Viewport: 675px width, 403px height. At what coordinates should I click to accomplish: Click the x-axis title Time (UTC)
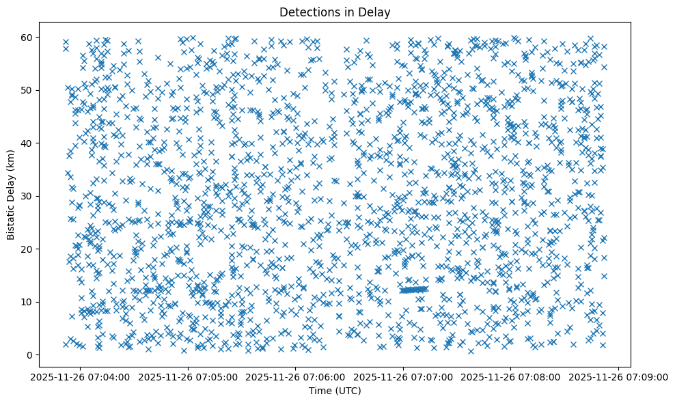335,391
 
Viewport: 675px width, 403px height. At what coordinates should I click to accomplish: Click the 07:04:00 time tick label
81,376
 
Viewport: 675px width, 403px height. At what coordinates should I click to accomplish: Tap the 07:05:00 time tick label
189,376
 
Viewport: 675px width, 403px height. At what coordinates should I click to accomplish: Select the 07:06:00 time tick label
297,376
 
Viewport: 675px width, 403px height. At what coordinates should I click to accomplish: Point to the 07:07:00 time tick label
404,376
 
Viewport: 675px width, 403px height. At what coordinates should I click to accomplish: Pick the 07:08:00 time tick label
512,376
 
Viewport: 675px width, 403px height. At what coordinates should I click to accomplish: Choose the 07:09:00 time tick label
619,376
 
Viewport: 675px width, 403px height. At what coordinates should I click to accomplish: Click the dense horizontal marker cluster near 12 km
414,290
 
